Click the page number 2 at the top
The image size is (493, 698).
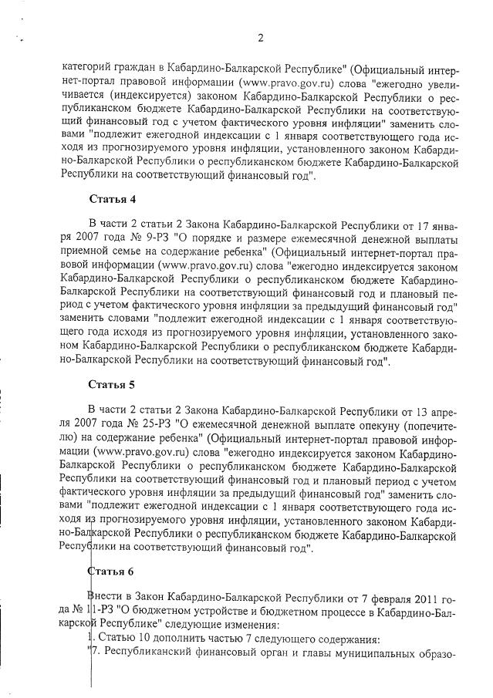[260, 38]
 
